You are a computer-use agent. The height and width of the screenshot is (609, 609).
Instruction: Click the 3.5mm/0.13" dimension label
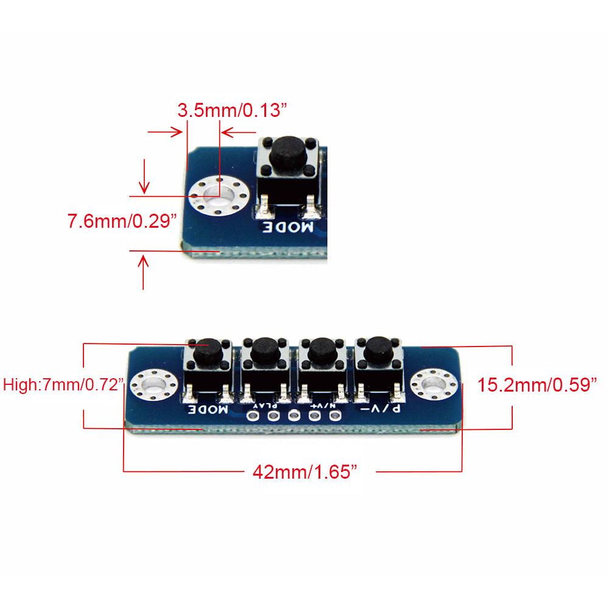pos(231,111)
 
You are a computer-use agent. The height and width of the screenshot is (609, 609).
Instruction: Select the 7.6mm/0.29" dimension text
pos(122,220)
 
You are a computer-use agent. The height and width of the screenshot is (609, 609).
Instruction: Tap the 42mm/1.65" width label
pos(304,471)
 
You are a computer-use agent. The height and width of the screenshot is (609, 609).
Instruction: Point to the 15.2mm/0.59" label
pos(536,385)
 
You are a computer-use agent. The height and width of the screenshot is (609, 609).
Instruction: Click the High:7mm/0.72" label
pos(64,385)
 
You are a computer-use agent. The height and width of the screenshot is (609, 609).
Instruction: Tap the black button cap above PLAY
pos(264,349)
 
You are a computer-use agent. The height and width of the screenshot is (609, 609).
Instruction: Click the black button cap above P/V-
pos(377,348)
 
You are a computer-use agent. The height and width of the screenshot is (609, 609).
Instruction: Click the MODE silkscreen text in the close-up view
pos(289,228)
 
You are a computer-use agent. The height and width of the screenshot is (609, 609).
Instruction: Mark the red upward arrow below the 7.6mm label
pos(144,272)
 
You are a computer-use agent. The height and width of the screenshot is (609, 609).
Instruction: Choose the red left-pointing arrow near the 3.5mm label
pos(238,132)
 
